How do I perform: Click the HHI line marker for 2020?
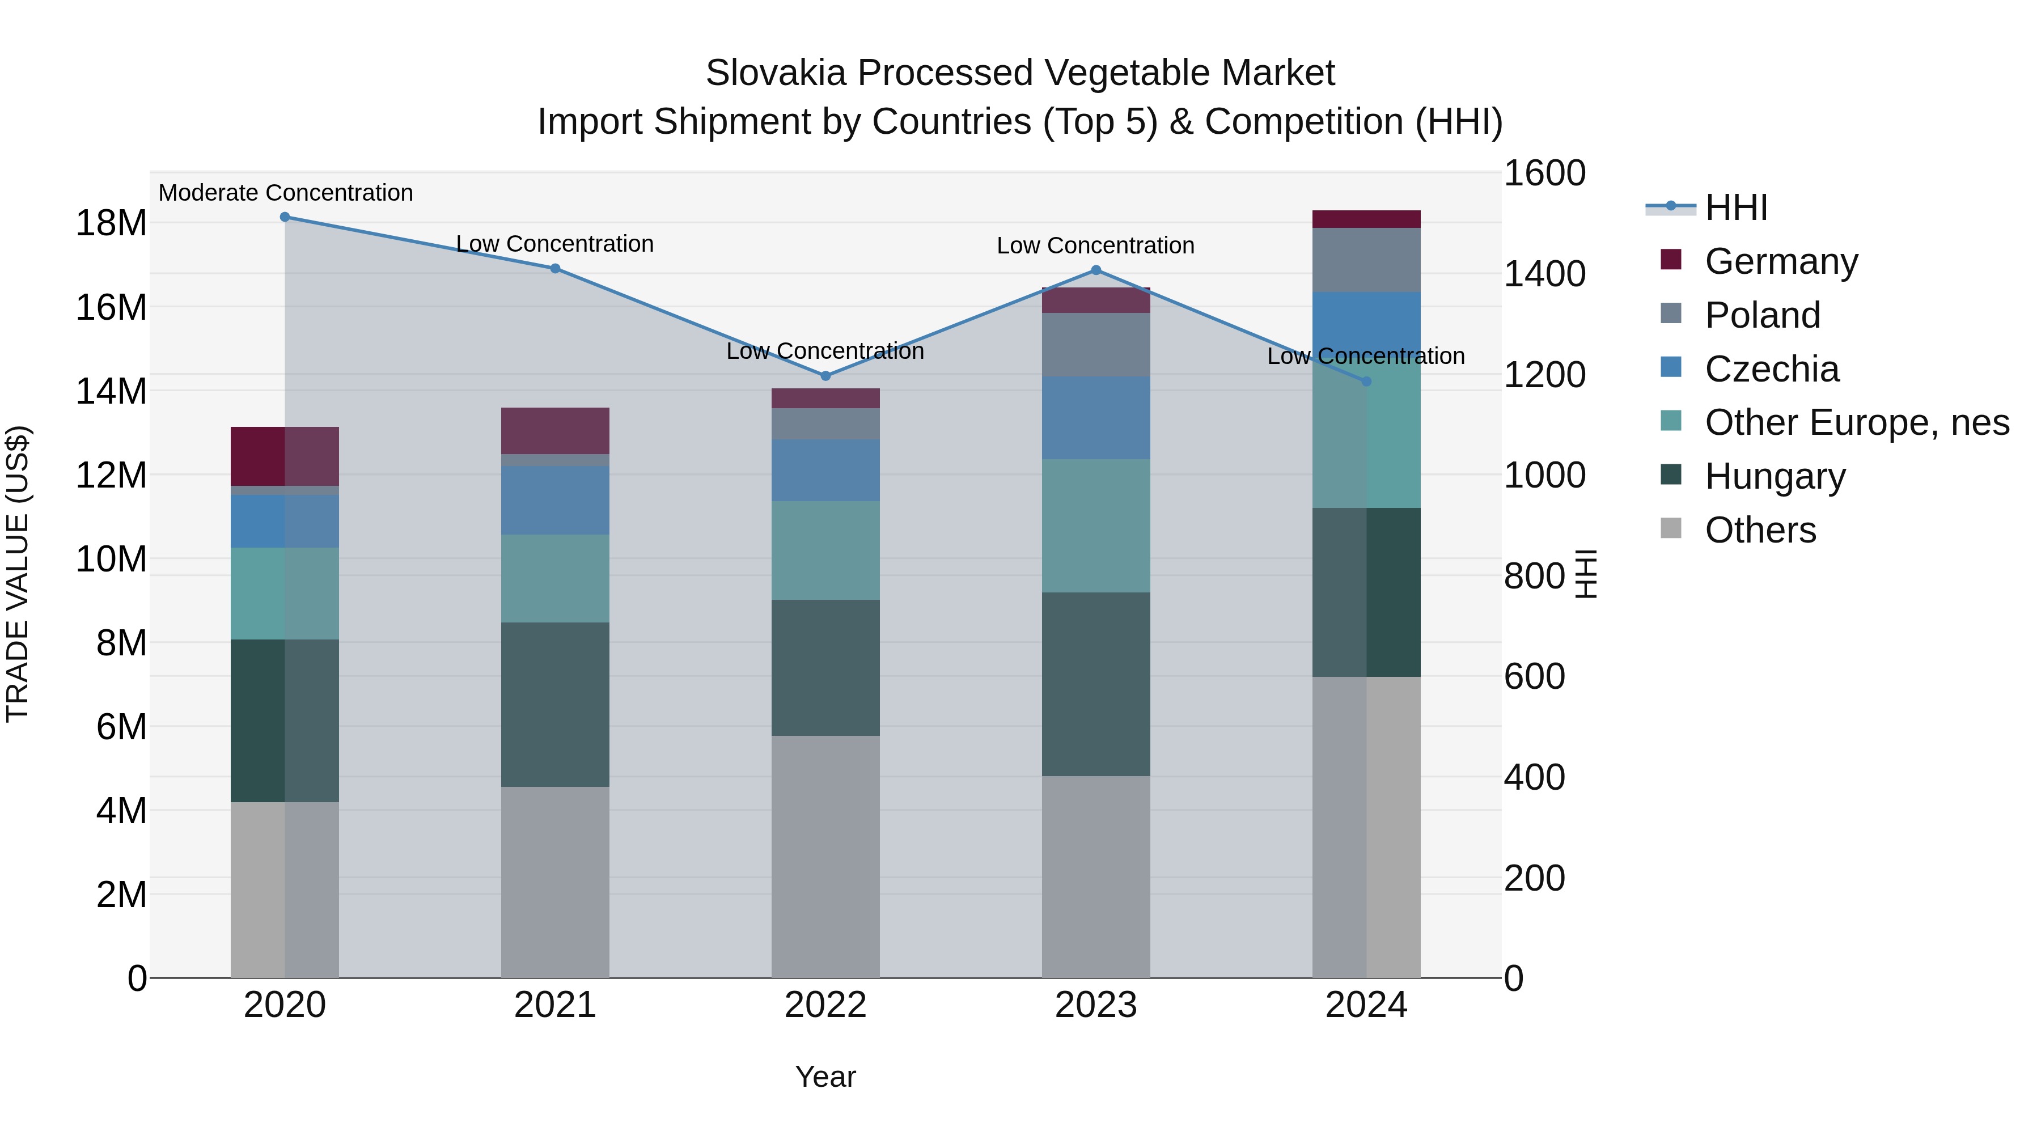[x=285, y=217]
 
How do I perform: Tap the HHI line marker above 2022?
[x=825, y=375]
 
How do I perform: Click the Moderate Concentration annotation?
[x=286, y=193]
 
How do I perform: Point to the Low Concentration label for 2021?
[x=554, y=244]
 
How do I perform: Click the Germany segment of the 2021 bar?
[x=554, y=430]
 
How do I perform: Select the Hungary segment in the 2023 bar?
[x=1096, y=684]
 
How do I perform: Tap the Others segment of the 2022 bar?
[x=825, y=855]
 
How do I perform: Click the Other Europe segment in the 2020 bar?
[x=285, y=594]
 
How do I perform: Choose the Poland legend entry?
[x=1762, y=315]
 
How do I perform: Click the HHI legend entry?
[x=1735, y=207]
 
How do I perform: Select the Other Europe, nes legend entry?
[x=1856, y=422]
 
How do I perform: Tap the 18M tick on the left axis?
[x=111, y=223]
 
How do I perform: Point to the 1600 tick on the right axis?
[x=1544, y=173]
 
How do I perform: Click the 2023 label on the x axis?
[x=1096, y=1005]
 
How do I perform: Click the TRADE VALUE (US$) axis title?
[x=18, y=574]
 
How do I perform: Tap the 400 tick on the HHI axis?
[x=1534, y=777]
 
